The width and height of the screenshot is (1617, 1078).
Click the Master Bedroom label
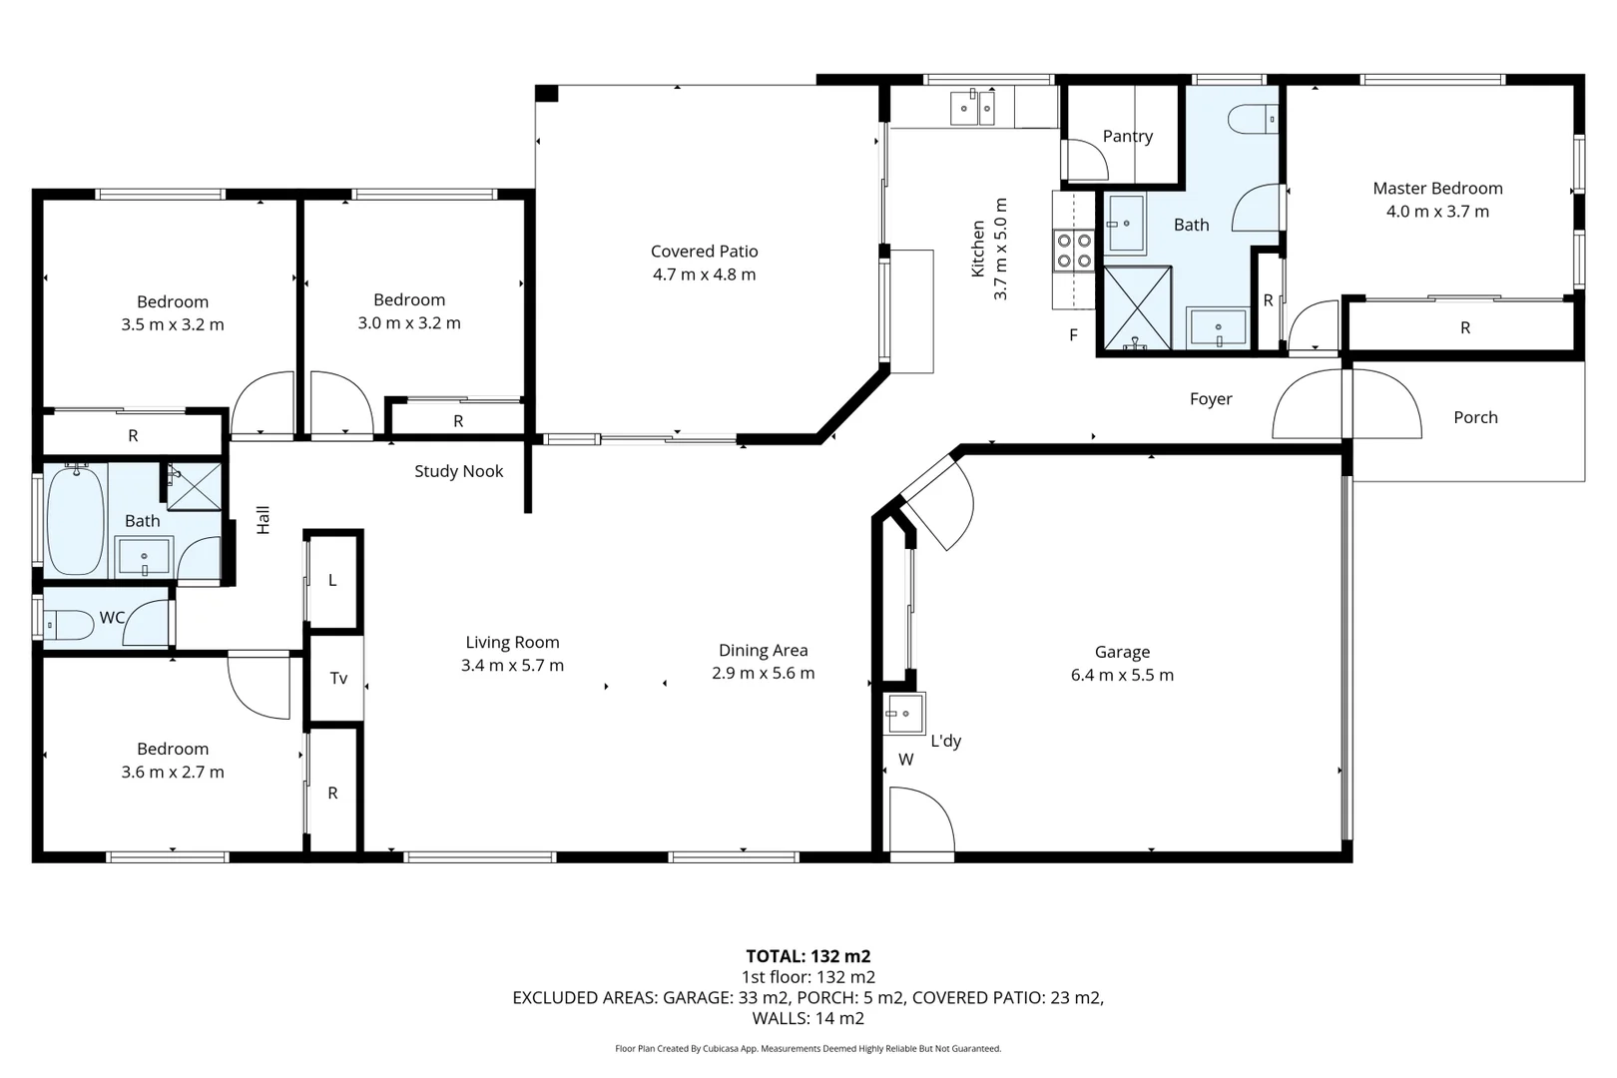click(x=1437, y=189)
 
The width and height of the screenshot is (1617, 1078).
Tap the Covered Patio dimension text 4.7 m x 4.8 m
click(x=704, y=274)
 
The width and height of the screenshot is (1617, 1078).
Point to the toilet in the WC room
click(x=69, y=625)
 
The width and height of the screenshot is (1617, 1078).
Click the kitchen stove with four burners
click(x=1073, y=250)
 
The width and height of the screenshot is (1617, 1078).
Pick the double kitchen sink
click(x=972, y=109)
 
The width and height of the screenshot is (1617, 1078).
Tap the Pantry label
click(x=1128, y=136)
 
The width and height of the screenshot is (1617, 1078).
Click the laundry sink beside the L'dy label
click(x=903, y=714)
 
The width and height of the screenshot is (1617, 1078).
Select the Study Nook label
click(x=458, y=471)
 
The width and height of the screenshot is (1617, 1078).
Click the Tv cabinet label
click(x=338, y=678)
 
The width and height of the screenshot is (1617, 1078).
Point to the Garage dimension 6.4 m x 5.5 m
click(x=1122, y=675)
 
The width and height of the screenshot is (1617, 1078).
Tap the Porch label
click(x=1475, y=417)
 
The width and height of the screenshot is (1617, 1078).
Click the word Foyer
click(x=1211, y=399)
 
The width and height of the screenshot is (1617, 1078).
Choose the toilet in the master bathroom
click(x=1253, y=119)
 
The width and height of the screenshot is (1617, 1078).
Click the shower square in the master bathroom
click(x=1138, y=307)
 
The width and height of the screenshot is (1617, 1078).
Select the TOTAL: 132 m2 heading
click(x=808, y=956)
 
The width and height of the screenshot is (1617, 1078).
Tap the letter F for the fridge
click(x=1073, y=335)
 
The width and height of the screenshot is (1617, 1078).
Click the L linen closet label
click(x=332, y=581)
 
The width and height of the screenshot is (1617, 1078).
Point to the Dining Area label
click(x=763, y=651)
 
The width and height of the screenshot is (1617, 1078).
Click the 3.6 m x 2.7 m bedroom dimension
click(x=173, y=772)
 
